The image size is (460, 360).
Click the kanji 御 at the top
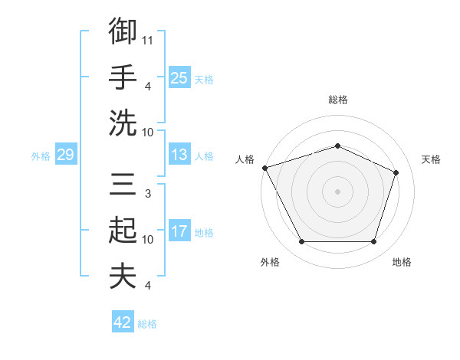pyautogui.click(x=123, y=31)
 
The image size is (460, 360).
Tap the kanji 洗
pyautogui.click(x=123, y=123)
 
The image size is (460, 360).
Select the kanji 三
pyautogui.click(x=123, y=184)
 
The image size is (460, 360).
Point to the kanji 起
pyautogui.click(x=123, y=230)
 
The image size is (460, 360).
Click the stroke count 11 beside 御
pyautogui.click(x=147, y=41)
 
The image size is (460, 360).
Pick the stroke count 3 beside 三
pyautogui.click(x=148, y=194)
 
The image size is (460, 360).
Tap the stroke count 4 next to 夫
pyautogui.click(x=148, y=285)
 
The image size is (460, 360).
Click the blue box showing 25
pyautogui.click(x=179, y=77)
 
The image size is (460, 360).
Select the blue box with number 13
pyautogui.click(x=179, y=154)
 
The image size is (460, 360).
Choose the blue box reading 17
pyautogui.click(x=179, y=230)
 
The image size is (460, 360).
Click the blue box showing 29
pyautogui.click(x=66, y=154)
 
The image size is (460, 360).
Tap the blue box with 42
pyautogui.click(x=123, y=321)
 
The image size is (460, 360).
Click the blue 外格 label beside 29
pyautogui.click(x=41, y=156)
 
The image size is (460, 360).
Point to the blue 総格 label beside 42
pyautogui.click(x=147, y=324)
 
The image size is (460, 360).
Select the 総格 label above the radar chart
pyautogui.click(x=338, y=100)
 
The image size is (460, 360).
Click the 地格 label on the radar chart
pyautogui.click(x=402, y=262)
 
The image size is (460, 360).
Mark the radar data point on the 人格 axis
pyautogui.click(x=265, y=168)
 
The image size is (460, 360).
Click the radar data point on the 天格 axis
pyautogui.click(x=396, y=172)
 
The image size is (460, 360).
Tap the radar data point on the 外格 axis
pyautogui.click(x=302, y=241)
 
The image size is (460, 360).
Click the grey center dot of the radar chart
pyautogui.click(x=337, y=191)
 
